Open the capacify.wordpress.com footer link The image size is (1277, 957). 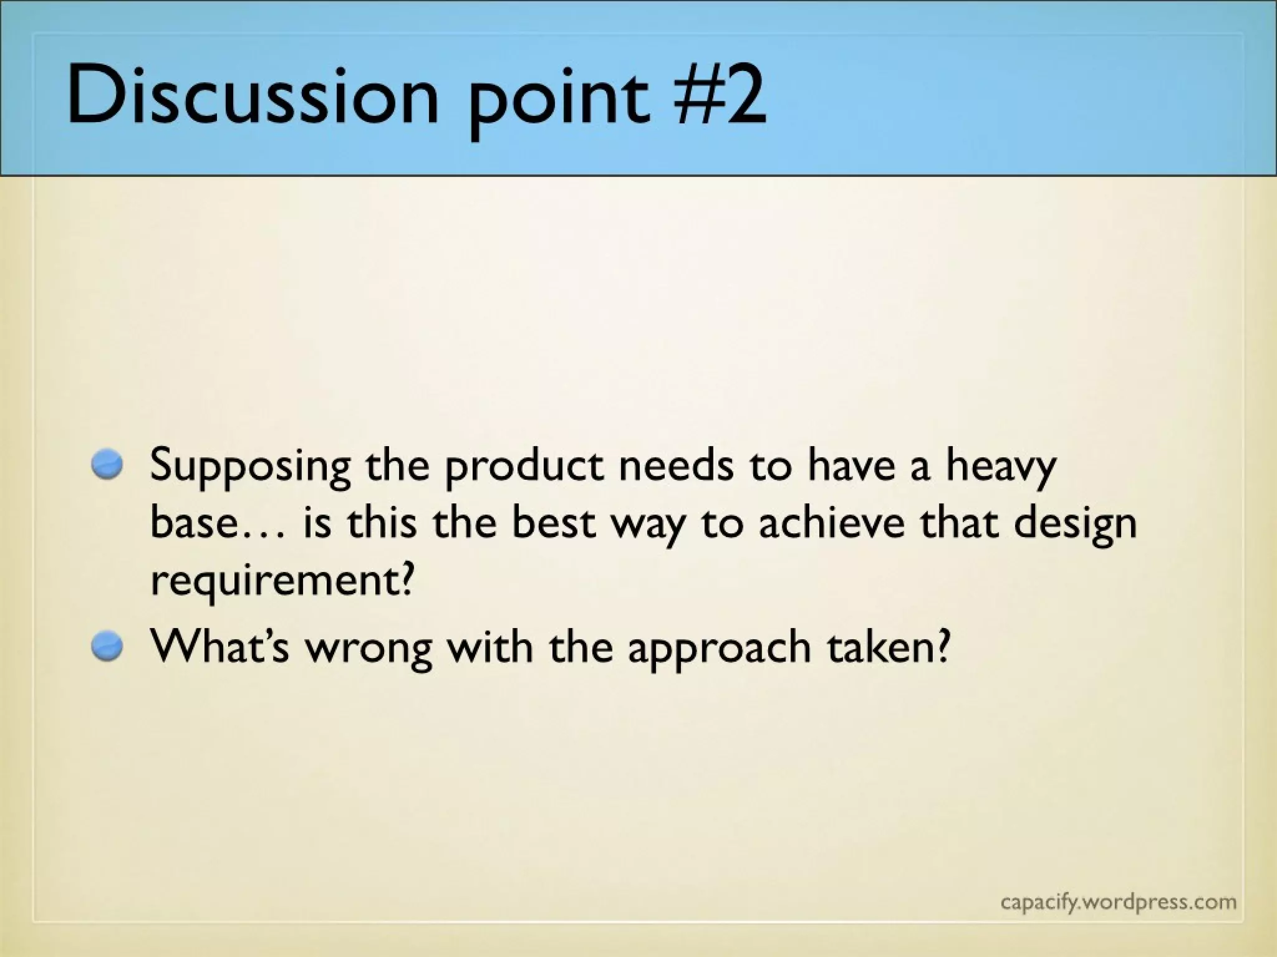1118,902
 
